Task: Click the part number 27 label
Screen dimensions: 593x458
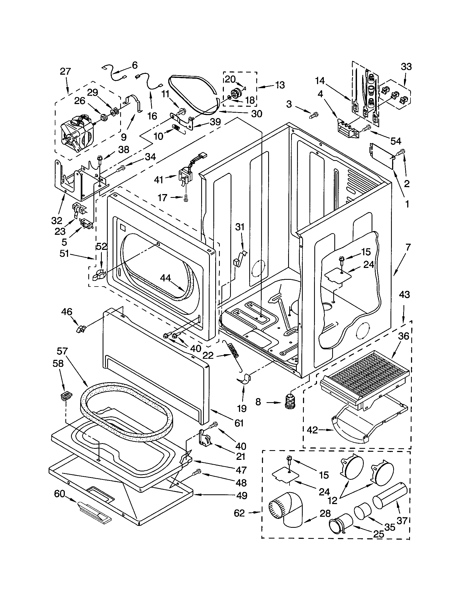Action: tap(65, 72)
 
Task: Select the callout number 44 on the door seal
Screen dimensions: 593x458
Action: tap(165, 277)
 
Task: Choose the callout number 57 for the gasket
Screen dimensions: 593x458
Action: tap(62, 351)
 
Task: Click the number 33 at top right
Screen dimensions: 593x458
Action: tap(406, 67)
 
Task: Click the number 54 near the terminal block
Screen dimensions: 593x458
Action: tap(396, 141)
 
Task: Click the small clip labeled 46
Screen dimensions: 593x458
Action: tap(81, 329)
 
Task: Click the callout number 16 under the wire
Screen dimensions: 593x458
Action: tap(152, 116)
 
